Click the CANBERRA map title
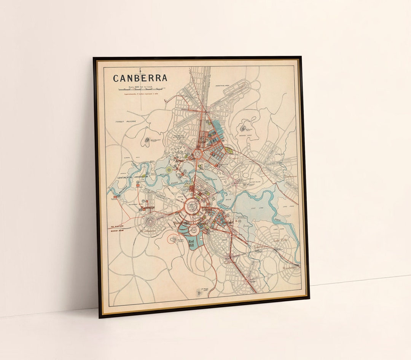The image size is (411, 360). point(140,78)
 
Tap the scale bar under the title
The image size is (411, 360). point(140,90)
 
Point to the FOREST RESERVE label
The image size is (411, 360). point(125,122)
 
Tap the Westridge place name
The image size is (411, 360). point(147,208)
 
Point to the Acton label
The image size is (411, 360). point(179,160)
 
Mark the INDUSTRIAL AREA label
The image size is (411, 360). point(224,86)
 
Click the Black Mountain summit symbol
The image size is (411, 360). point(147,142)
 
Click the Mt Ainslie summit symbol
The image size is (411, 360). point(243,129)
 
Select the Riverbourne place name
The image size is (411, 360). point(290,268)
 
